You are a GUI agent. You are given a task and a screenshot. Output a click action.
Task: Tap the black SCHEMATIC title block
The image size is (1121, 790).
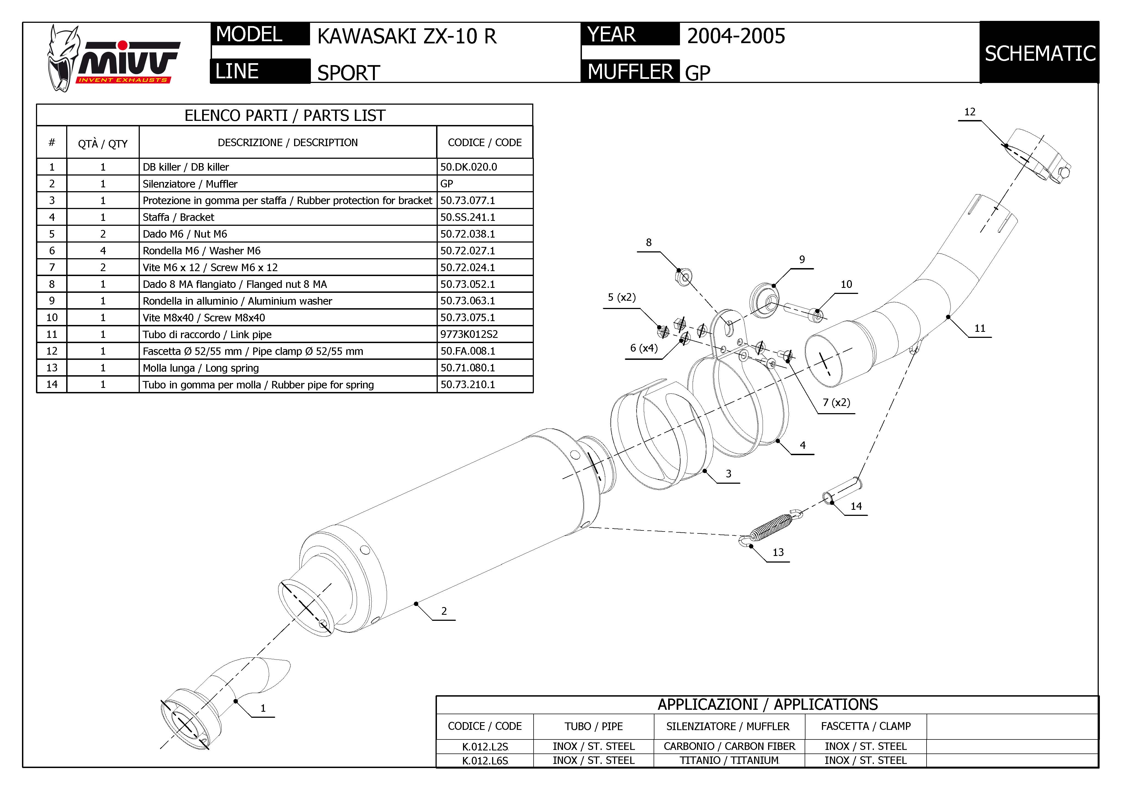pos(1039,53)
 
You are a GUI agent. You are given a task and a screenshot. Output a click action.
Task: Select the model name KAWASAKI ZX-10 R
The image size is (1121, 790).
pos(407,37)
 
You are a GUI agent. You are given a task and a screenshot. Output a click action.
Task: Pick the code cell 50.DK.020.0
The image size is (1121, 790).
pos(469,167)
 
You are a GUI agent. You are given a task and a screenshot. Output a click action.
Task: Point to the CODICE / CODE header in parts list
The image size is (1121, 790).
pos(484,143)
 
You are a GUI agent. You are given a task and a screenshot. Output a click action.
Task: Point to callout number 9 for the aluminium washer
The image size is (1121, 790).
pos(802,259)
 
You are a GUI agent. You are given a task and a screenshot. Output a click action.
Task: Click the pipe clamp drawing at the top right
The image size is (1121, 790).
pos(1038,156)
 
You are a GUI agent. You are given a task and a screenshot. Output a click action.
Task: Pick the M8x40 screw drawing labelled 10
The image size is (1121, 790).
pos(803,313)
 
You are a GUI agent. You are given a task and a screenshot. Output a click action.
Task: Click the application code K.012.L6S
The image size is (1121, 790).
pos(485,760)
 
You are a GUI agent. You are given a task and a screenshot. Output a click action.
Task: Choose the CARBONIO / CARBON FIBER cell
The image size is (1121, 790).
pos(729,746)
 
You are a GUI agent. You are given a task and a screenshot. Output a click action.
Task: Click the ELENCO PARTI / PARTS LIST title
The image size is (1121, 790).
pos(285,116)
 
